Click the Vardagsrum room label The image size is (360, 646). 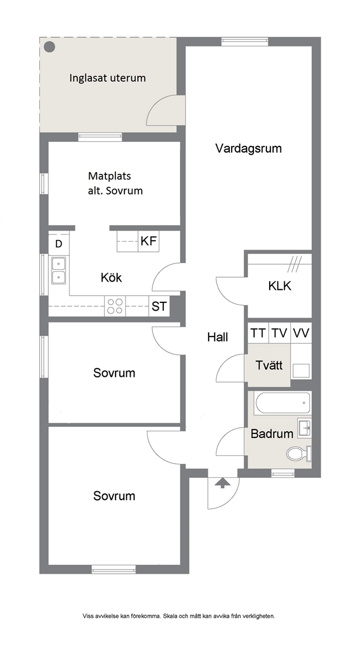coord(248,149)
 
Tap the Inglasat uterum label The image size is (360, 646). coord(108,78)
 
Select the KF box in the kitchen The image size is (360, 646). coord(148,241)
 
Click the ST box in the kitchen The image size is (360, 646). coord(159,307)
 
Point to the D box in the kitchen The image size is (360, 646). coord(59,244)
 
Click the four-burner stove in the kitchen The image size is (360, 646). coord(115,307)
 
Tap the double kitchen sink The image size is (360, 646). coord(58,270)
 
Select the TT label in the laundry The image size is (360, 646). coord(259,333)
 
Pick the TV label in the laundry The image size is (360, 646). coord(280,333)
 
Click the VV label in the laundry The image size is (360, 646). coord(301,333)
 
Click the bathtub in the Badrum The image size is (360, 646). coord(282,404)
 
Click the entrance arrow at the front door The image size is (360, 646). coord(223,482)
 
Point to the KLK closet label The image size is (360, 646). coord(280,286)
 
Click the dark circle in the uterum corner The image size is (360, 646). coord(49,47)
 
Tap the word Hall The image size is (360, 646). coord(218,338)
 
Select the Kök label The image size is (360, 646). coord(111,278)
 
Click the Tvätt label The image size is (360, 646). coord(269,366)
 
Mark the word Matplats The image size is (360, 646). coord(109,176)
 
